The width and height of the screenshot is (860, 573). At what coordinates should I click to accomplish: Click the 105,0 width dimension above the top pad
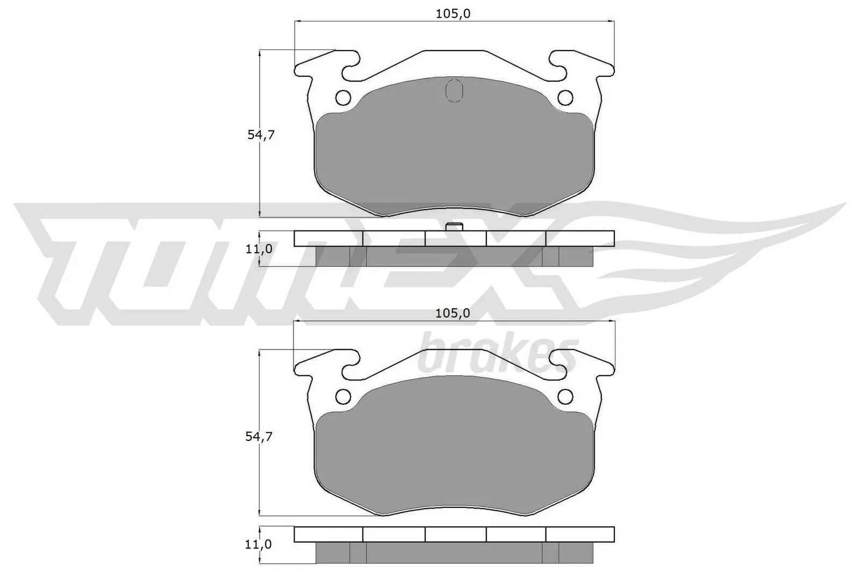[453, 14]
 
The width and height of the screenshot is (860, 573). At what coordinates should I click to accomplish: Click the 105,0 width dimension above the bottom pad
[453, 313]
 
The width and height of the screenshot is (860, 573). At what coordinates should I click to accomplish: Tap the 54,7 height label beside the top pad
[261, 135]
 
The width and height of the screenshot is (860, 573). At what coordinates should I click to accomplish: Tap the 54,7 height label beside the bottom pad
[259, 436]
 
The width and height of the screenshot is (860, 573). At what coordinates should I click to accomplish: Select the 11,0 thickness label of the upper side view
[259, 249]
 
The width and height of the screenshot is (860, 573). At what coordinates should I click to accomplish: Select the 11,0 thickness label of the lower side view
[258, 545]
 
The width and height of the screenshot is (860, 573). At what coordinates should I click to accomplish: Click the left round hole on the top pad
[343, 98]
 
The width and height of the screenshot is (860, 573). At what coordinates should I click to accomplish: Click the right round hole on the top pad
[565, 98]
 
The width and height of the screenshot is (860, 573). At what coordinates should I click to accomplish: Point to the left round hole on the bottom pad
[343, 397]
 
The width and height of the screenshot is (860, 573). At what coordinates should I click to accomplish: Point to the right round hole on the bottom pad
[565, 397]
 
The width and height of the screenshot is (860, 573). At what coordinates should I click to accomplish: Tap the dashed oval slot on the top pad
[454, 90]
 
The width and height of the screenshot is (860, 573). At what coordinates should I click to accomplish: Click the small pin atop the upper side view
[455, 227]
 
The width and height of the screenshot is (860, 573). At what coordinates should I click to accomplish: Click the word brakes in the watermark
[497, 354]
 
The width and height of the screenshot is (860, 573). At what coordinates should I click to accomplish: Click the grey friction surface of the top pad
[454, 156]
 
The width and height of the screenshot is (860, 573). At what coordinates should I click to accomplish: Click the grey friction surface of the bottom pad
[454, 456]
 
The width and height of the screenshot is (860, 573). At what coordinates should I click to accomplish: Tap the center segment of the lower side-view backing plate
[455, 534]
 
